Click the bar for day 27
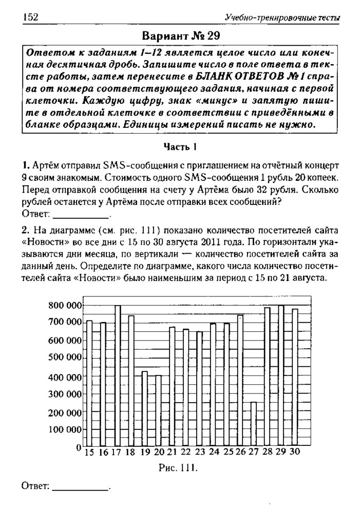click(253, 424)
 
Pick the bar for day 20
click(158, 411)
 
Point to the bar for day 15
click(89, 383)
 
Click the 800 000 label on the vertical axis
click(63, 306)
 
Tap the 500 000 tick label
click(63, 358)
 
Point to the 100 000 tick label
click(63, 429)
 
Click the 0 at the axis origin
click(79, 448)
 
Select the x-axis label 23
click(200, 453)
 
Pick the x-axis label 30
click(295, 453)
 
